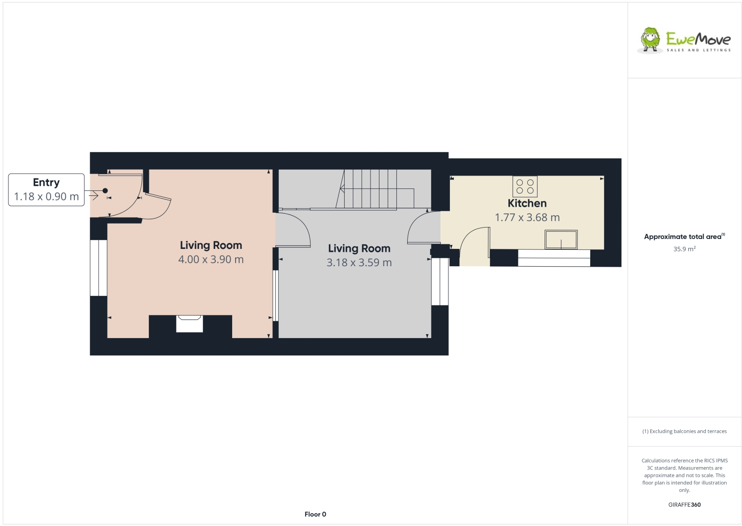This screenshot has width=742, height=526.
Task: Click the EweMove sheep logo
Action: pyautogui.click(x=650, y=40)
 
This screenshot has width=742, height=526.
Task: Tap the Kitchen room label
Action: pyautogui.click(x=527, y=203)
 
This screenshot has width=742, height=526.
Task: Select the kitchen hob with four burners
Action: pyautogui.click(x=525, y=186)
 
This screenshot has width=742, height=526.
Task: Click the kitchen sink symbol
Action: pyautogui.click(x=561, y=240)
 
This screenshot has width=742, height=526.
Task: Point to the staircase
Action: pyautogui.click(x=376, y=189)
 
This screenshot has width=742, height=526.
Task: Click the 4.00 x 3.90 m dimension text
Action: pyautogui.click(x=211, y=259)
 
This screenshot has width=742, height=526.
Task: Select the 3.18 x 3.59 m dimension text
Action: pyautogui.click(x=359, y=263)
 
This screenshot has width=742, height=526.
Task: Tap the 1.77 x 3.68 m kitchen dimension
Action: pyautogui.click(x=527, y=218)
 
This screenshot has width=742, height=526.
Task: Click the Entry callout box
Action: pyautogui.click(x=46, y=190)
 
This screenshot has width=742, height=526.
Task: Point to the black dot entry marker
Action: pyautogui.click(x=105, y=191)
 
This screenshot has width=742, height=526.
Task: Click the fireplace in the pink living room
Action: pyautogui.click(x=189, y=324)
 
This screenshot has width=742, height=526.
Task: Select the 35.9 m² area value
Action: pyautogui.click(x=684, y=249)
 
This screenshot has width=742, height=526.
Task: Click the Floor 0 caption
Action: pyautogui.click(x=315, y=514)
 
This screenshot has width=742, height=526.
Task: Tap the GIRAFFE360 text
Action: pyautogui.click(x=684, y=505)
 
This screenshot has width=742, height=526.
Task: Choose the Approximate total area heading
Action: pyautogui.click(x=684, y=236)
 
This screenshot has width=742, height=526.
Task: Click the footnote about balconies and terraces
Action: pyautogui.click(x=684, y=431)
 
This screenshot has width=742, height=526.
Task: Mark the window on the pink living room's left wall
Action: pyautogui.click(x=98, y=268)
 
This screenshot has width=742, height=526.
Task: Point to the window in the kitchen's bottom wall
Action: pyautogui.click(x=554, y=258)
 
